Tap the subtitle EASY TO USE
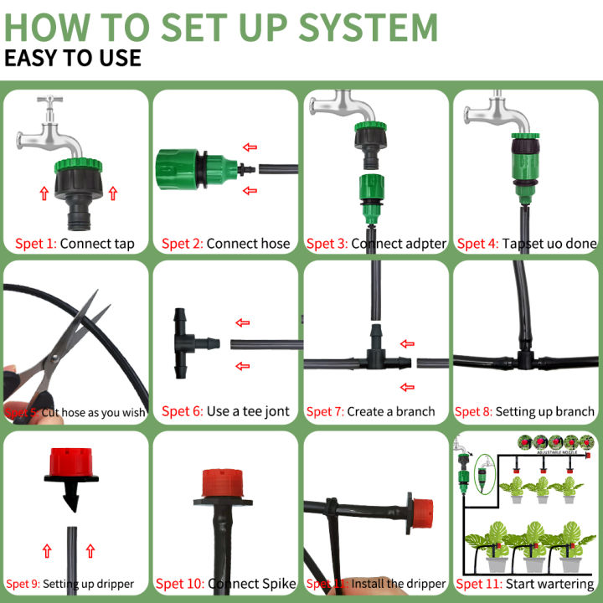tap(73, 58)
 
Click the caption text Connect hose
tap(248, 244)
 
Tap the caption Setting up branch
tap(544, 411)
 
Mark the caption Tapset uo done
tap(549, 244)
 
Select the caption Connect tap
tap(97, 244)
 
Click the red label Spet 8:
tap(472, 411)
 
